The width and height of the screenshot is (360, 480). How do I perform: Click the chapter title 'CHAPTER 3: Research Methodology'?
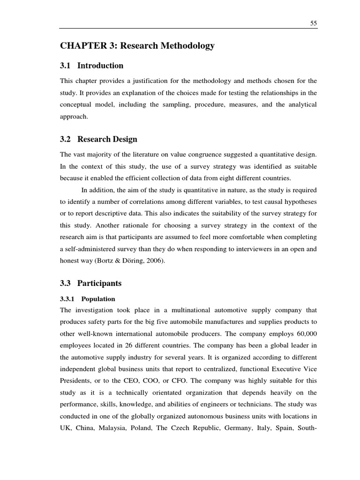(137, 46)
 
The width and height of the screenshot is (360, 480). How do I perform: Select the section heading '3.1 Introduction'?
(92, 66)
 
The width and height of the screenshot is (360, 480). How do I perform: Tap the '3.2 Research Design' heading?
(98, 140)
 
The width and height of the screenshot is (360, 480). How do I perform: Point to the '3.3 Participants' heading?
(90, 283)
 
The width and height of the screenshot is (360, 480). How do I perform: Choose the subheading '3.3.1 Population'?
(87, 299)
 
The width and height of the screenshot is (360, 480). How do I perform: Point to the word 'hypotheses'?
(298, 202)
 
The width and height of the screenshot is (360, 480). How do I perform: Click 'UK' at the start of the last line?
(65, 428)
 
